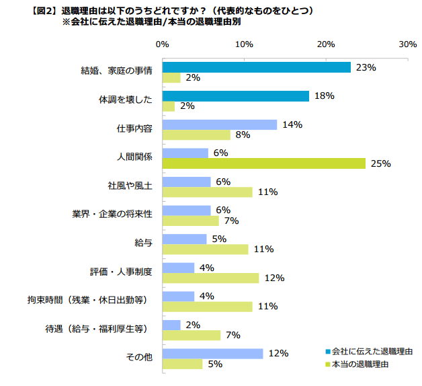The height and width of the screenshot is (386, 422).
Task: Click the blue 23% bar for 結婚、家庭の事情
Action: [x=256, y=67]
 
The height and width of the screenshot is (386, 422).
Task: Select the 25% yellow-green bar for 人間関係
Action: [x=263, y=163]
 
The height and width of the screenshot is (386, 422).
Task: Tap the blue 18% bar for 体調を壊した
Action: [x=235, y=96]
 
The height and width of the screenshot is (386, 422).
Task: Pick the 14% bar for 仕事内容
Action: [x=219, y=124]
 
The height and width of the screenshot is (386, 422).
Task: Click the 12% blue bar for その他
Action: [x=212, y=354]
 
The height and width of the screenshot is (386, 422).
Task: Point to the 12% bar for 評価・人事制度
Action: [x=210, y=278]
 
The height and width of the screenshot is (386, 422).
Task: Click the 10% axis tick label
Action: [x=244, y=44]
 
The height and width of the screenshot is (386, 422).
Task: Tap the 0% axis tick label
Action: [x=162, y=44]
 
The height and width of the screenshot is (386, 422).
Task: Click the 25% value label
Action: [x=381, y=163]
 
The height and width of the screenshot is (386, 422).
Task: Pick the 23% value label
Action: [x=366, y=68]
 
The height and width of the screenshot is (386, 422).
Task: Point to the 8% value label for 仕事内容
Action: [x=243, y=135]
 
